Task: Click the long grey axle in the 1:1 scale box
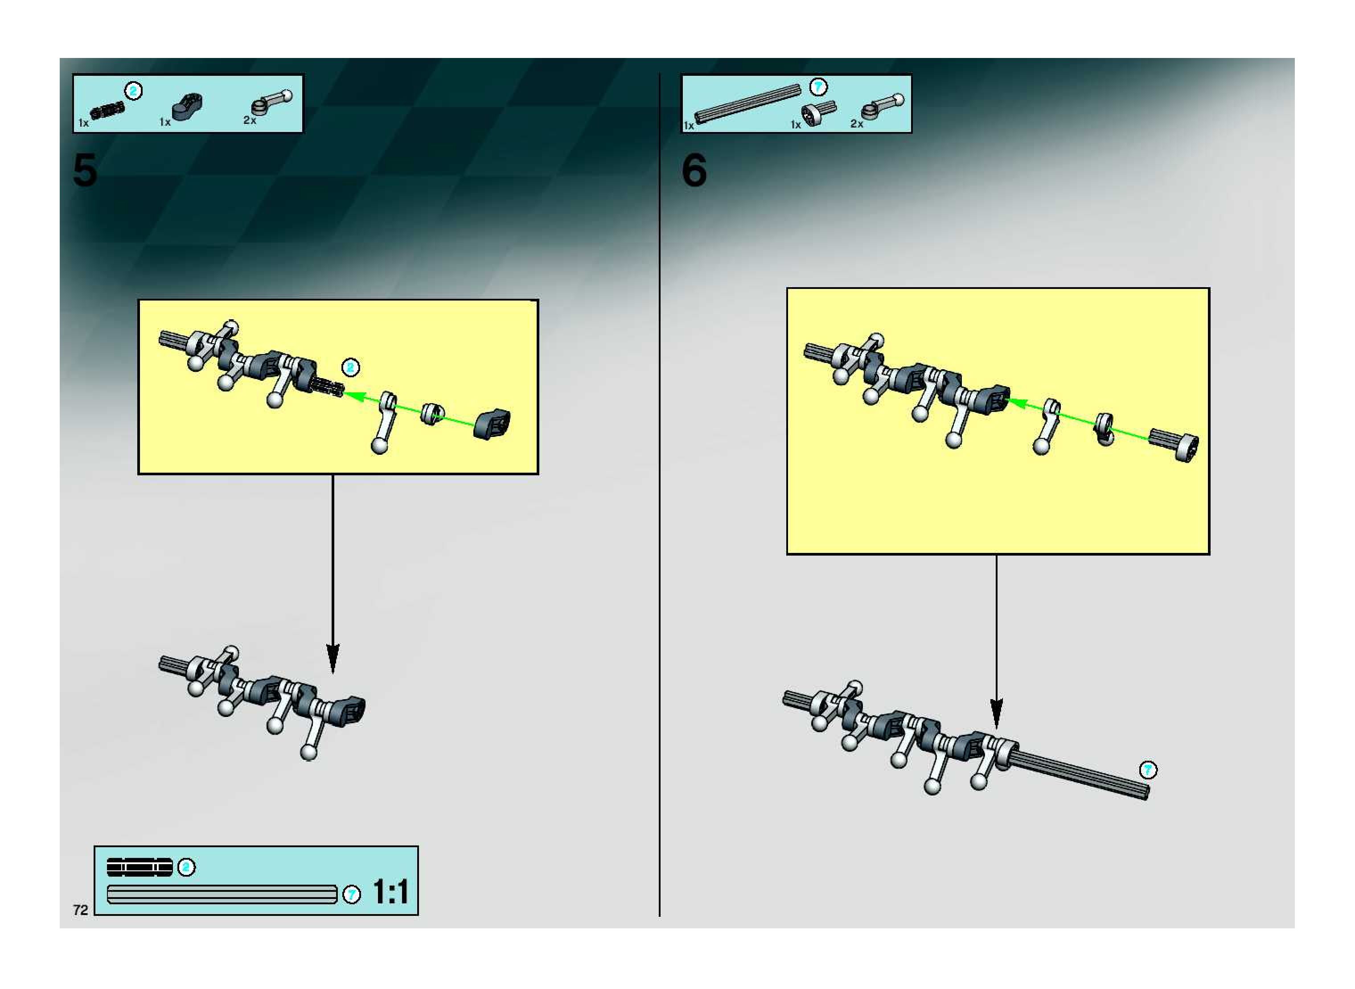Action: pyautogui.click(x=222, y=894)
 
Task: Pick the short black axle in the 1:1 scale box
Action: pyautogui.click(x=140, y=867)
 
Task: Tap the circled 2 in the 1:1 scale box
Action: pyautogui.click(x=187, y=867)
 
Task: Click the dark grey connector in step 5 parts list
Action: pyautogui.click(x=187, y=107)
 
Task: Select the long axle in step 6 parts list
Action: pyautogui.click(x=747, y=103)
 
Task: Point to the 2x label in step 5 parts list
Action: pyautogui.click(x=250, y=120)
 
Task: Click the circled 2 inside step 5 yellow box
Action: pyautogui.click(x=351, y=367)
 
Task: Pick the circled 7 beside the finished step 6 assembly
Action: pyautogui.click(x=1148, y=770)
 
